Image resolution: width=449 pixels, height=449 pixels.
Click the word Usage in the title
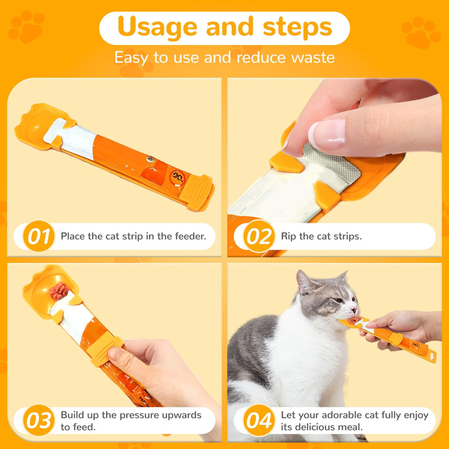[x=158, y=28]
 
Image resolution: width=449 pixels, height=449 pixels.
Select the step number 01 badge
[x=39, y=236]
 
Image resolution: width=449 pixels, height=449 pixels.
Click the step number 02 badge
[x=259, y=236]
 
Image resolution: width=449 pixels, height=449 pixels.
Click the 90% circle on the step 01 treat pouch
[x=178, y=177]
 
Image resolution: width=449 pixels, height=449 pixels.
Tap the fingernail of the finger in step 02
[x=327, y=134]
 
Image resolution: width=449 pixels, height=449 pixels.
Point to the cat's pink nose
[x=354, y=310]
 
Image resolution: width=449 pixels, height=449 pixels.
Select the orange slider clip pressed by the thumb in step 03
[x=105, y=349]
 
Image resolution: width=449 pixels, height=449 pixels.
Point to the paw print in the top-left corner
[x=26, y=26]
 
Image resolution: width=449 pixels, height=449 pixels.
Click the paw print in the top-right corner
[x=421, y=33]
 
